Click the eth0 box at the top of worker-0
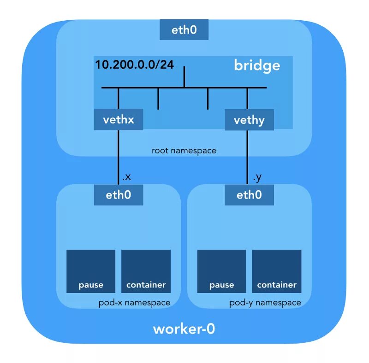[184, 30]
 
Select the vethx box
[119, 120]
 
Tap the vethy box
[249, 120]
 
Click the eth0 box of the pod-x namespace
[119, 195]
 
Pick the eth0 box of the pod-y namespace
[249, 195]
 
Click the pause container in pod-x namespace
[91, 271]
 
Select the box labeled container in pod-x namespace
[146, 271]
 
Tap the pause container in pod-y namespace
[222, 271]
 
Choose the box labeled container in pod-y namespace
[277, 271]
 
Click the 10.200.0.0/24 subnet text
[134, 64]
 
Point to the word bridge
[257, 65]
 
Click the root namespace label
[184, 151]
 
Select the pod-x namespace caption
[134, 303]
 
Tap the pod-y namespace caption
[265, 303]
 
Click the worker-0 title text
[184, 329]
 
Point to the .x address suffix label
[126, 177]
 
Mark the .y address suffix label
[257, 177]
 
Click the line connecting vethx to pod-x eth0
[119, 157]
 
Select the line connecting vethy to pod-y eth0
[248, 157]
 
